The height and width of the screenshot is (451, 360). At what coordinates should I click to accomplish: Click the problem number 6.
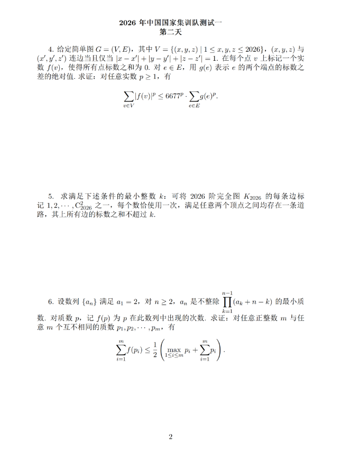click(50, 301)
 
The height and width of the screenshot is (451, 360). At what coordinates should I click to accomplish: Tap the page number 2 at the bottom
click(171, 437)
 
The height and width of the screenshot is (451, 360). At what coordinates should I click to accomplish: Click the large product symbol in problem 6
click(228, 302)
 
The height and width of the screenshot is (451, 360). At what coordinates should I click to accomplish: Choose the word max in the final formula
click(174, 349)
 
